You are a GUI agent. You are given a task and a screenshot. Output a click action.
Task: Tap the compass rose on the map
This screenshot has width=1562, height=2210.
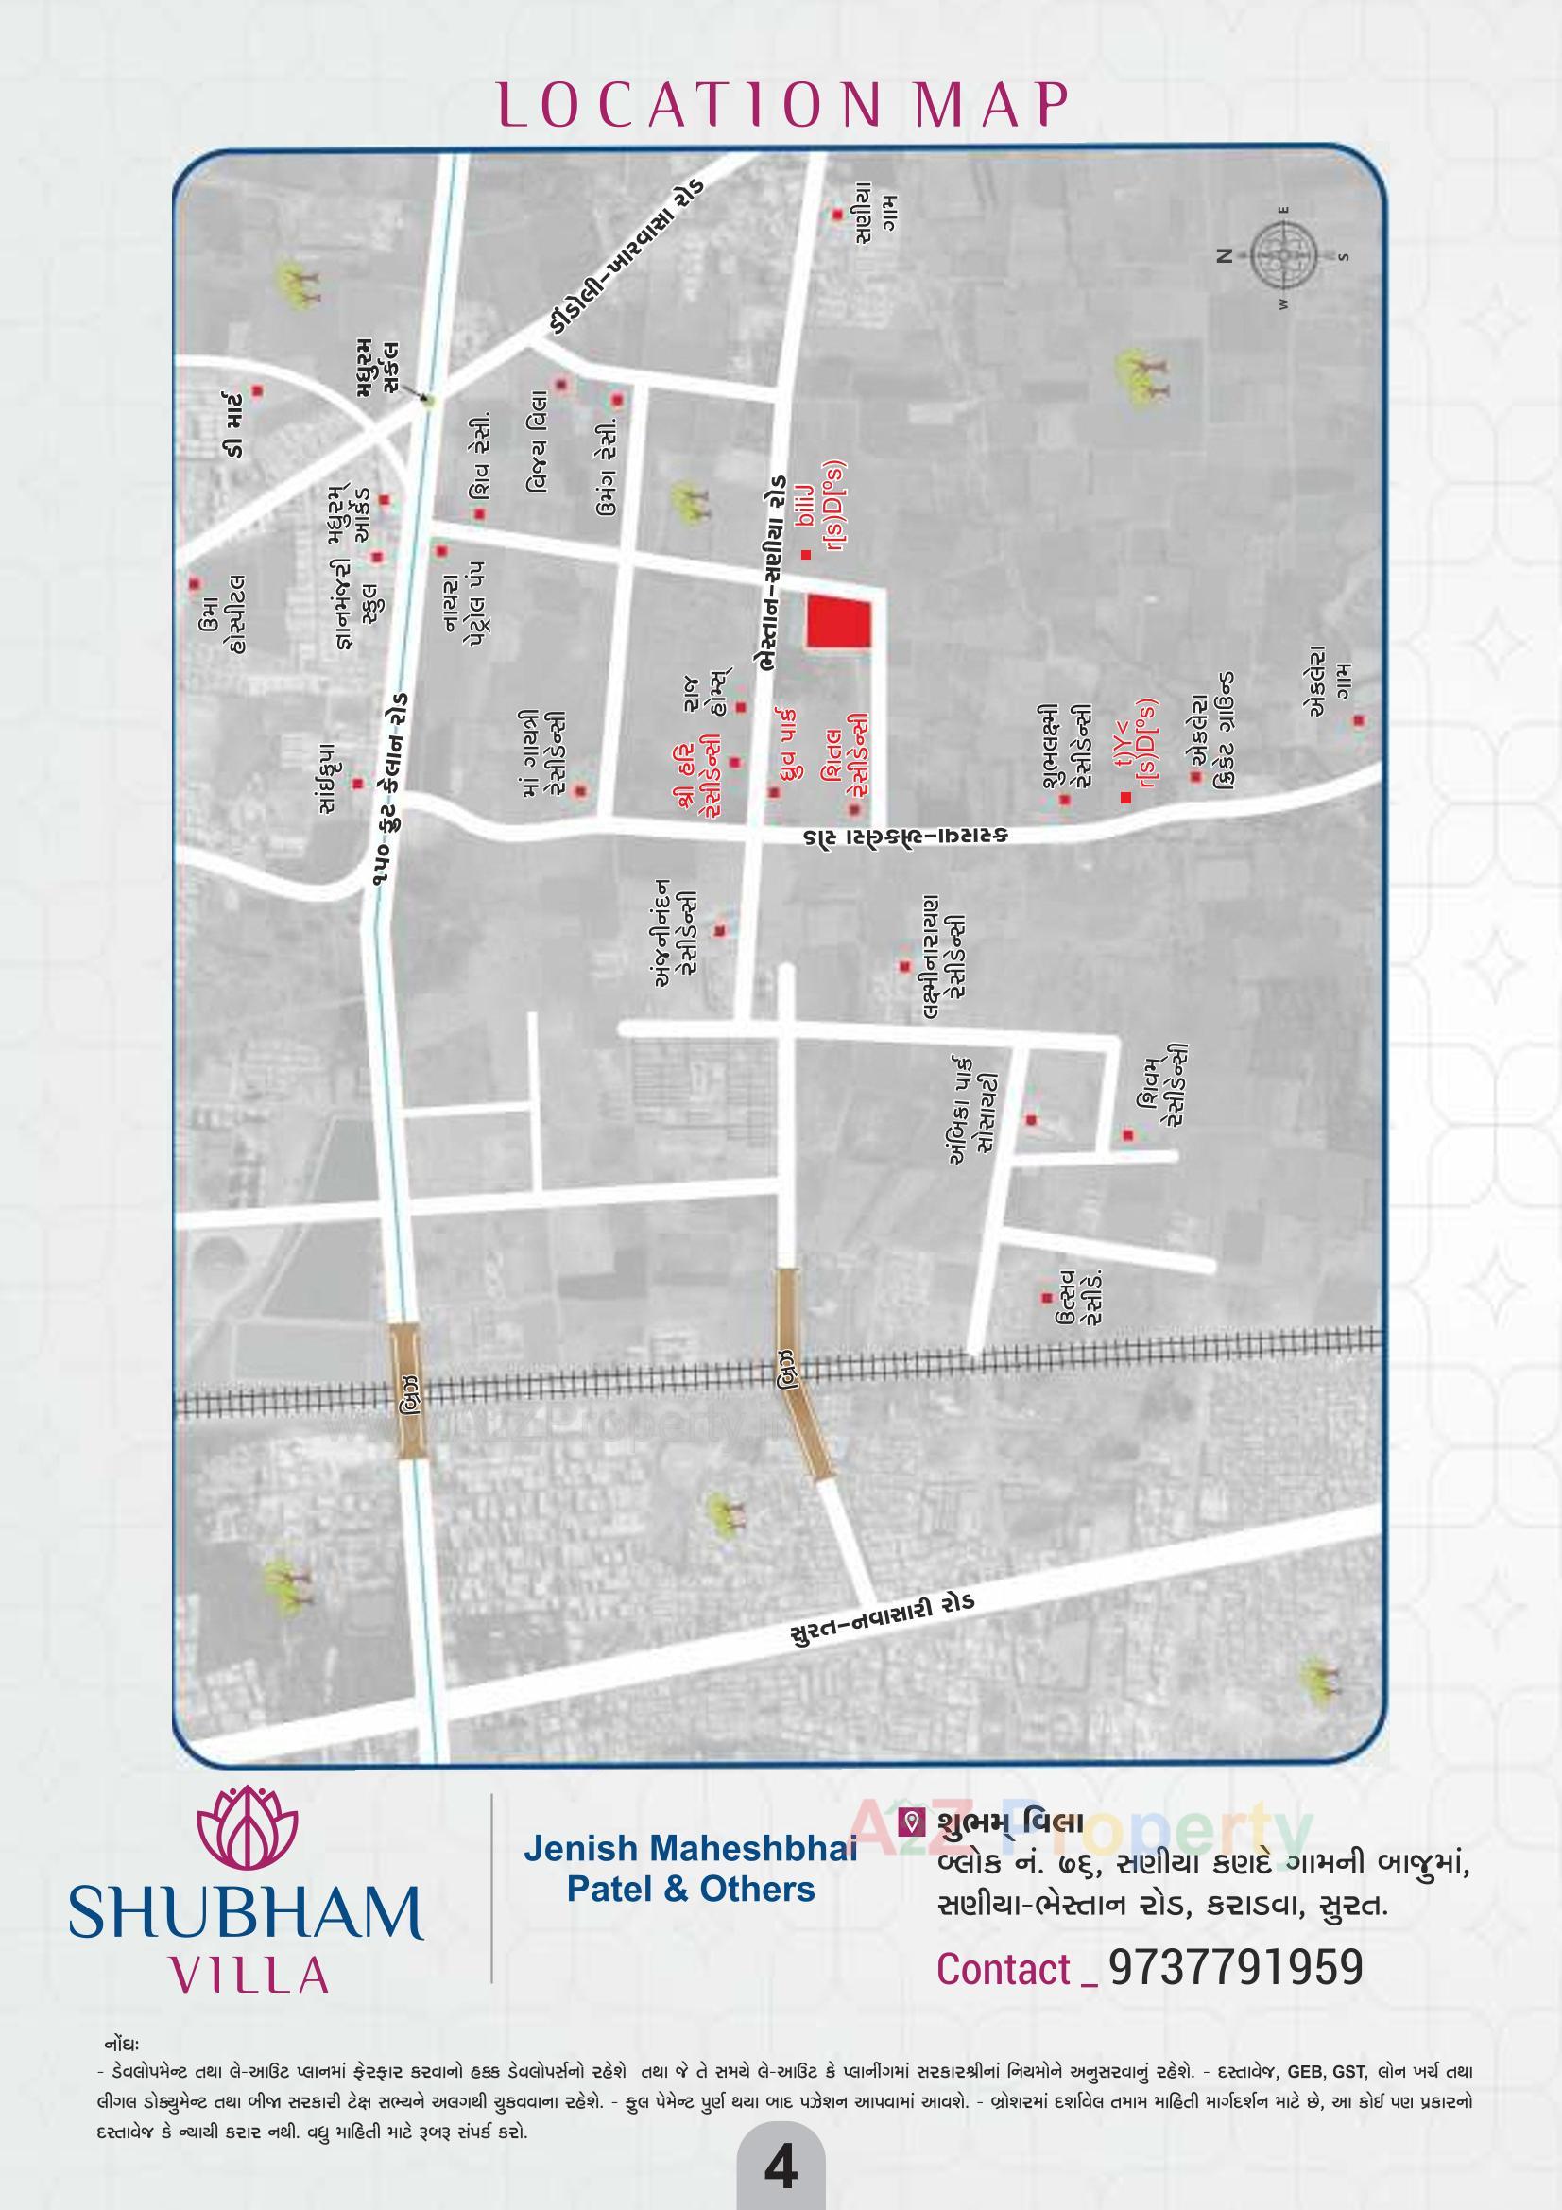pos(1284,255)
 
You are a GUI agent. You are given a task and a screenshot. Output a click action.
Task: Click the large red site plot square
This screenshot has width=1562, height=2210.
pos(837,622)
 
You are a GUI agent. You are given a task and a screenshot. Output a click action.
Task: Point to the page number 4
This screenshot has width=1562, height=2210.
pos(780,2170)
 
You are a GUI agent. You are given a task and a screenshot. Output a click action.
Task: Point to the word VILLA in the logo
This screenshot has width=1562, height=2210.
pos(249,1977)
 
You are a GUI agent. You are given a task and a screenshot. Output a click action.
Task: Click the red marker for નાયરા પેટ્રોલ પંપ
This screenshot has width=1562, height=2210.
pos(441,551)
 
